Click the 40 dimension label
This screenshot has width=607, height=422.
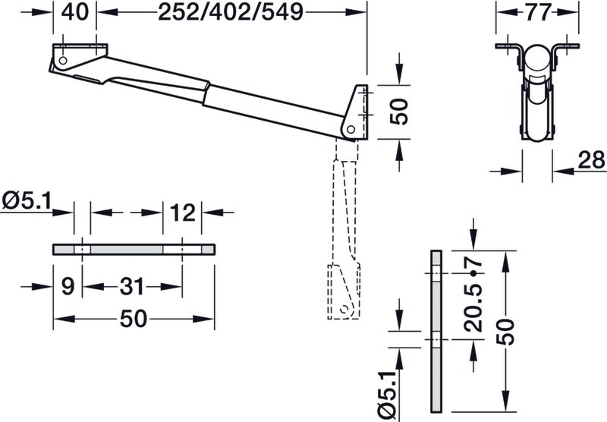(x=74, y=12)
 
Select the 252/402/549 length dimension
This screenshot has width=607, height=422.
(x=231, y=12)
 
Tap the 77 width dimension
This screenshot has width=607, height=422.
(x=538, y=12)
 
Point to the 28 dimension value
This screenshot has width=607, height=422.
(x=591, y=159)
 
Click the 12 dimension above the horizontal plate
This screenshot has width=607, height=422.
(x=182, y=213)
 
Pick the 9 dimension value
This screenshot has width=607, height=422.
(x=68, y=287)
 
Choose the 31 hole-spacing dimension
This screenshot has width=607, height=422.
(x=132, y=287)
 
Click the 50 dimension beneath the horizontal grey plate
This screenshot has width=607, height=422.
(x=134, y=319)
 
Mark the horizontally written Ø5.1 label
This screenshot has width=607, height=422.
(x=27, y=201)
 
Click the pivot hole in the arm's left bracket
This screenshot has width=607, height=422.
(x=63, y=61)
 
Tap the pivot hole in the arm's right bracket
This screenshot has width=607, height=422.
(x=351, y=129)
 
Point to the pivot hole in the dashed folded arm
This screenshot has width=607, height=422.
(x=344, y=310)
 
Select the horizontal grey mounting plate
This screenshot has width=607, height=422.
(x=134, y=250)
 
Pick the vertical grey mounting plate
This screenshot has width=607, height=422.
(x=436, y=331)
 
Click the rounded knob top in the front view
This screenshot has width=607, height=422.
(x=536, y=59)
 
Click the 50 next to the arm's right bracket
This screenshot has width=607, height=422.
(x=399, y=112)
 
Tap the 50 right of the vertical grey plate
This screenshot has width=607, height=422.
(x=505, y=332)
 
